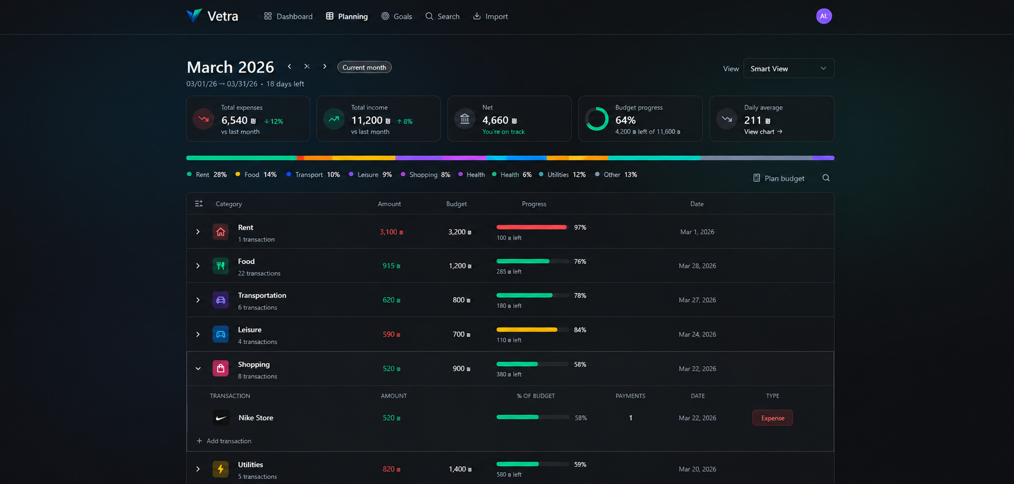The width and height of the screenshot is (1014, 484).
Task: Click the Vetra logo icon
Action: [x=194, y=16]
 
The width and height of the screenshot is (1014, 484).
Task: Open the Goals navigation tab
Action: [x=396, y=16]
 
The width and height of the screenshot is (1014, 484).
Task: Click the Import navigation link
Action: [x=490, y=16]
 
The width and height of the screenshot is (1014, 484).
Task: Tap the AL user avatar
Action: [x=824, y=16]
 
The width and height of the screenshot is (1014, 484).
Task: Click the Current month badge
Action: [x=364, y=67]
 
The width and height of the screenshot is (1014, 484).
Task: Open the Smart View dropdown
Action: [x=788, y=68]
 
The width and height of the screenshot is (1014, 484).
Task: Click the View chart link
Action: [x=763, y=132]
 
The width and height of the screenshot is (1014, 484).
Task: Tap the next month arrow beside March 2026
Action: [x=324, y=67]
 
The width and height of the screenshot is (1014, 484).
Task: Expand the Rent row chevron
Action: [x=198, y=231]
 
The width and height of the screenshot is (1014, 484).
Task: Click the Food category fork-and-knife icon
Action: [x=221, y=265]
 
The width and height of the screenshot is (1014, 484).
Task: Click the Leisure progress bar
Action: [x=533, y=330]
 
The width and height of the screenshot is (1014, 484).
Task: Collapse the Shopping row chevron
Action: [x=198, y=369]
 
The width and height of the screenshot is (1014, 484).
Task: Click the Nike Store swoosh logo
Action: [x=221, y=418]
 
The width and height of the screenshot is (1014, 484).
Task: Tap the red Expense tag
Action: [x=773, y=418]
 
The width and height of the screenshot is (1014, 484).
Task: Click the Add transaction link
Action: [x=224, y=441]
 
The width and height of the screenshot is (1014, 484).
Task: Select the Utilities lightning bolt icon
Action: [x=221, y=469]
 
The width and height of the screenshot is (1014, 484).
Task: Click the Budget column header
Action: [x=456, y=204]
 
